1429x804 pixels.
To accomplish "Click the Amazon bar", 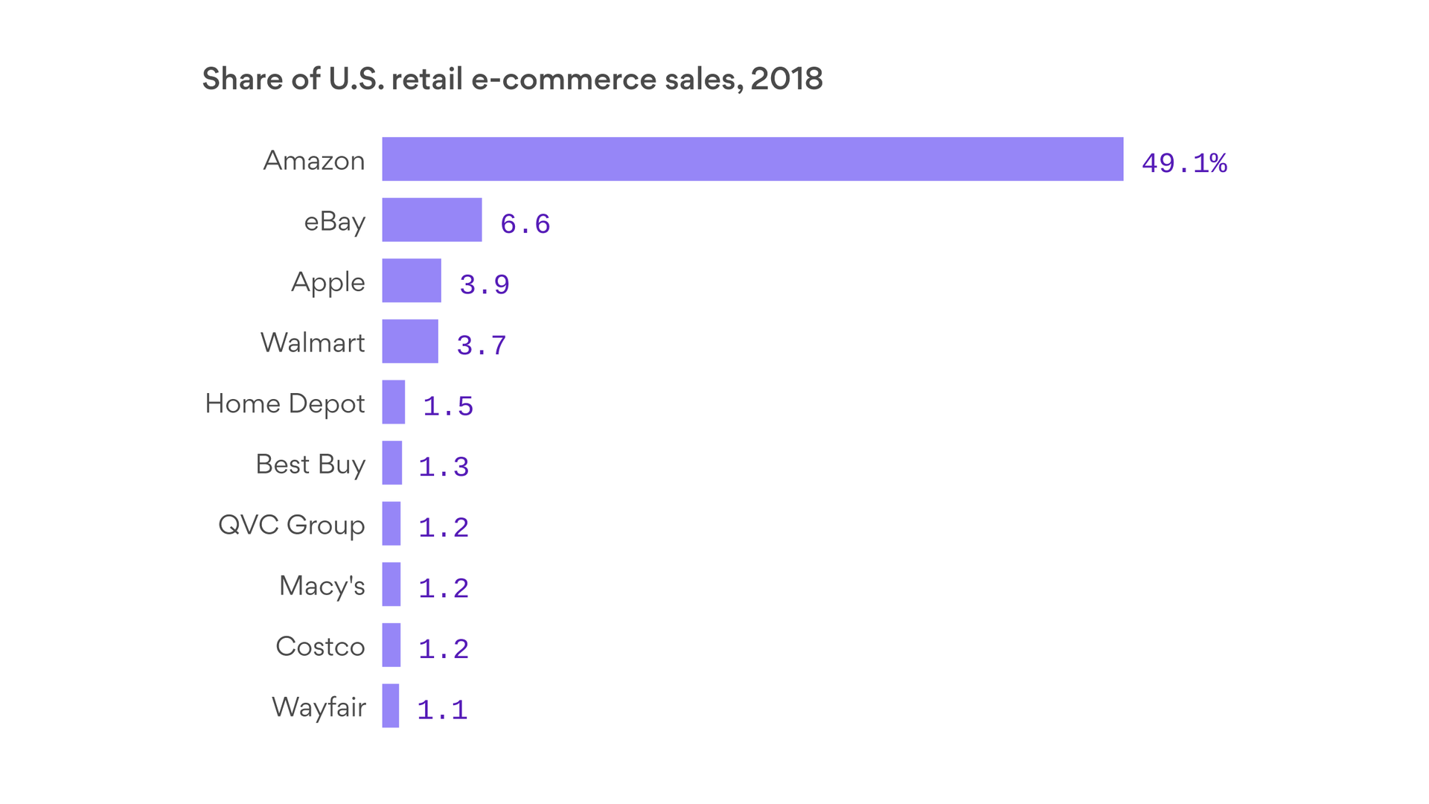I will click(752, 159).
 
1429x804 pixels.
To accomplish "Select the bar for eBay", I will click(432, 220).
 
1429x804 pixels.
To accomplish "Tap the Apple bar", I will click(412, 281).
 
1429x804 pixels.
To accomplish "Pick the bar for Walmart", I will click(410, 341).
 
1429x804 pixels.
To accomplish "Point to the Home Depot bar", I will click(394, 402).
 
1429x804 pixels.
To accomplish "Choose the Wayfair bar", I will click(391, 706).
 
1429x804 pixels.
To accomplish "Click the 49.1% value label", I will click(1184, 163).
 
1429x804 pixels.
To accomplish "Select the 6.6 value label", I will click(525, 224).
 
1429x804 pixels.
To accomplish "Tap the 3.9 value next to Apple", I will click(485, 284).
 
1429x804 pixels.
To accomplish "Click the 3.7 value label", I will click(482, 345).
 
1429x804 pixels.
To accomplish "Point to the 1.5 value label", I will click(448, 406).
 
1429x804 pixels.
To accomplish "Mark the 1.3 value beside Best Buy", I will click(444, 467).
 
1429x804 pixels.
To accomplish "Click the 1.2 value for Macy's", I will click(444, 589).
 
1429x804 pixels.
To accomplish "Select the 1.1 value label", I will click(442, 710).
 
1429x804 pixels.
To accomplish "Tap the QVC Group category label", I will click(292, 525).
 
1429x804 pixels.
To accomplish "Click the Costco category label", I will click(320, 646).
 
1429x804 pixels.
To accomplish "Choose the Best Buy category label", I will click(310, 464).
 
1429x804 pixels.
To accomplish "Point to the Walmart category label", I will click(313, 342).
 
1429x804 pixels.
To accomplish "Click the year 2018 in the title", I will click(786, 79).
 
